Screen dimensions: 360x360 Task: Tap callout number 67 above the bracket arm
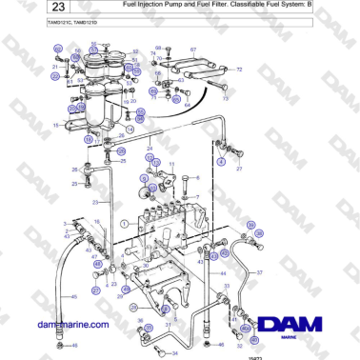pos(193,49)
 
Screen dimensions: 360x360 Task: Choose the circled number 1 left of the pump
pos(124,224)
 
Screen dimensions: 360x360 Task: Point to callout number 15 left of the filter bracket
pos(56,125)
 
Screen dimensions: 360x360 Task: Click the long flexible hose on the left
pos(60,286)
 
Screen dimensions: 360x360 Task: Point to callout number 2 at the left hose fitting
pos(65,221)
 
